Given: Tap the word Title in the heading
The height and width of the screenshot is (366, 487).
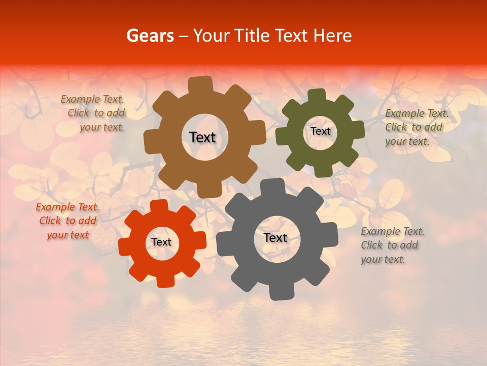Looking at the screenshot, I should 251,36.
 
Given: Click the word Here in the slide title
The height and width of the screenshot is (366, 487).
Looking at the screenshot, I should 332,36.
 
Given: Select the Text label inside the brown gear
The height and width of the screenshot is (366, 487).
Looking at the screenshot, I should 202,137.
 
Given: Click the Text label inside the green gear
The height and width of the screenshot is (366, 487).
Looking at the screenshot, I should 320,131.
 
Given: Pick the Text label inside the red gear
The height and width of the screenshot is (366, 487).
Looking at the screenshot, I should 161,242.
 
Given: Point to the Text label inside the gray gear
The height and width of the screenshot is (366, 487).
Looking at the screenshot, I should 275,237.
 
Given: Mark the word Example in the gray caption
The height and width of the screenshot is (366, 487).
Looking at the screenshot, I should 380,231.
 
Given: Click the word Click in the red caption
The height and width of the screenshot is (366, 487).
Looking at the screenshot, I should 50,221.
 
